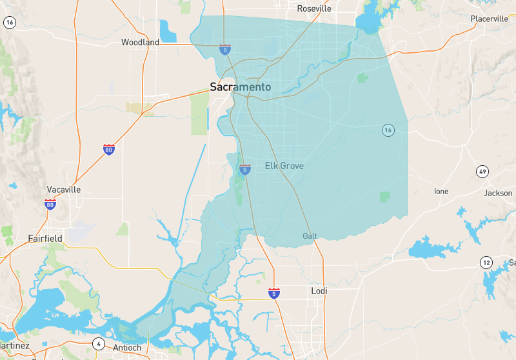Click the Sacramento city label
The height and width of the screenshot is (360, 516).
(240, 86)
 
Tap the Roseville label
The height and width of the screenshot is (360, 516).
(313, 9)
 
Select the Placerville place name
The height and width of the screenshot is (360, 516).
(489, 19)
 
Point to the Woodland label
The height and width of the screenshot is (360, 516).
(140, 43)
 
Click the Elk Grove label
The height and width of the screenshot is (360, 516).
(284, 166)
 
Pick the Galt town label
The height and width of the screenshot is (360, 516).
(310, 236)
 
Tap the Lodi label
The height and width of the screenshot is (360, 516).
(319, 291)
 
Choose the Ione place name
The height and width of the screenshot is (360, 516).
(441, 192)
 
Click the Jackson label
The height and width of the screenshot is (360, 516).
(498, 193)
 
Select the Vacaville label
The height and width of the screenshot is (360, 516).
(64, 190)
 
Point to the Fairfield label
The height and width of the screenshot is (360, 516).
(45, 238)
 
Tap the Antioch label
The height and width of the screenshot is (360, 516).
(127, 348)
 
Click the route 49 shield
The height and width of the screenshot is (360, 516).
(482, 172)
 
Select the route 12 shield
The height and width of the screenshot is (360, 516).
(486, 262)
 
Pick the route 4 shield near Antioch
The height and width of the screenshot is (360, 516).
(98, 343)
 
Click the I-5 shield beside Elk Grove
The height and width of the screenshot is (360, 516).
(245, 170)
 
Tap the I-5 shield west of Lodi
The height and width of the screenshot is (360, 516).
(274, 294)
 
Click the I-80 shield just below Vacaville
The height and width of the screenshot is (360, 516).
(50, 205)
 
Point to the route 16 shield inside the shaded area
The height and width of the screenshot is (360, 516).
(387, 130)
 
